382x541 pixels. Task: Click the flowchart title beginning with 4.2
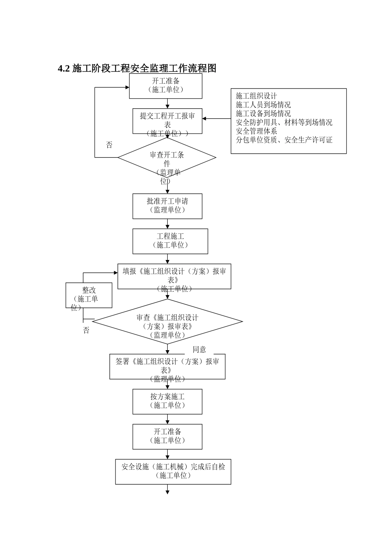(137, 68)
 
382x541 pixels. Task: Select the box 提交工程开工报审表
(167, 121)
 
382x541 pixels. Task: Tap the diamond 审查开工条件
(167, 158)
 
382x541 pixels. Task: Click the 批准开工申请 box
(167, 206)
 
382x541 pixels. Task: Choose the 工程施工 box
(170, 241)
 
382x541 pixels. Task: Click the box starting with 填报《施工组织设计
(174, 277)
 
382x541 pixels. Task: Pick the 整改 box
(89, 295)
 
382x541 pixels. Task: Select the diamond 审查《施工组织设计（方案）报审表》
(167, 322)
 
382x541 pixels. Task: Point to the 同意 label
(199, 349)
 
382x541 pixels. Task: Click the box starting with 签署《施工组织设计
(167, 366)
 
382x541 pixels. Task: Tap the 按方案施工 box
(167, 401)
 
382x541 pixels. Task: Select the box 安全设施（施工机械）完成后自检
(173, 471)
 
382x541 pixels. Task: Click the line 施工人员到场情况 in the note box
(263, 105)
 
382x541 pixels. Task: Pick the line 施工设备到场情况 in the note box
(263, 114)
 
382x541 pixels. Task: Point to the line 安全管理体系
(256, 131)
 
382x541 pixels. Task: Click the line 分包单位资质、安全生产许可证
(284, 140)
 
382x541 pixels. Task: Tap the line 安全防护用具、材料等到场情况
(284, 122)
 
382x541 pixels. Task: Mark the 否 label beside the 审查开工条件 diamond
(109, 145)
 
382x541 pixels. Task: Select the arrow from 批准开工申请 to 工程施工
(167, 224)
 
